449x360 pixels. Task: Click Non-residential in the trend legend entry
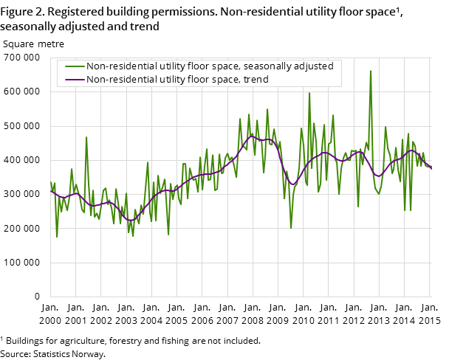119,80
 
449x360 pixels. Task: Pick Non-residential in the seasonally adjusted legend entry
119,66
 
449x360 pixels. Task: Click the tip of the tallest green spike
371,71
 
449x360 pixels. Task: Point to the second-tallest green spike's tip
309,93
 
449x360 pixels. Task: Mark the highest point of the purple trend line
252,136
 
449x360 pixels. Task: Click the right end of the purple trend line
431,169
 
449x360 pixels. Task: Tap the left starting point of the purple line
50,190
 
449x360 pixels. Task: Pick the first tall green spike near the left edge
86,137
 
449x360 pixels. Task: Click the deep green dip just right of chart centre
291,228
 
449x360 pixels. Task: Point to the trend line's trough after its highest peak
293,184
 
